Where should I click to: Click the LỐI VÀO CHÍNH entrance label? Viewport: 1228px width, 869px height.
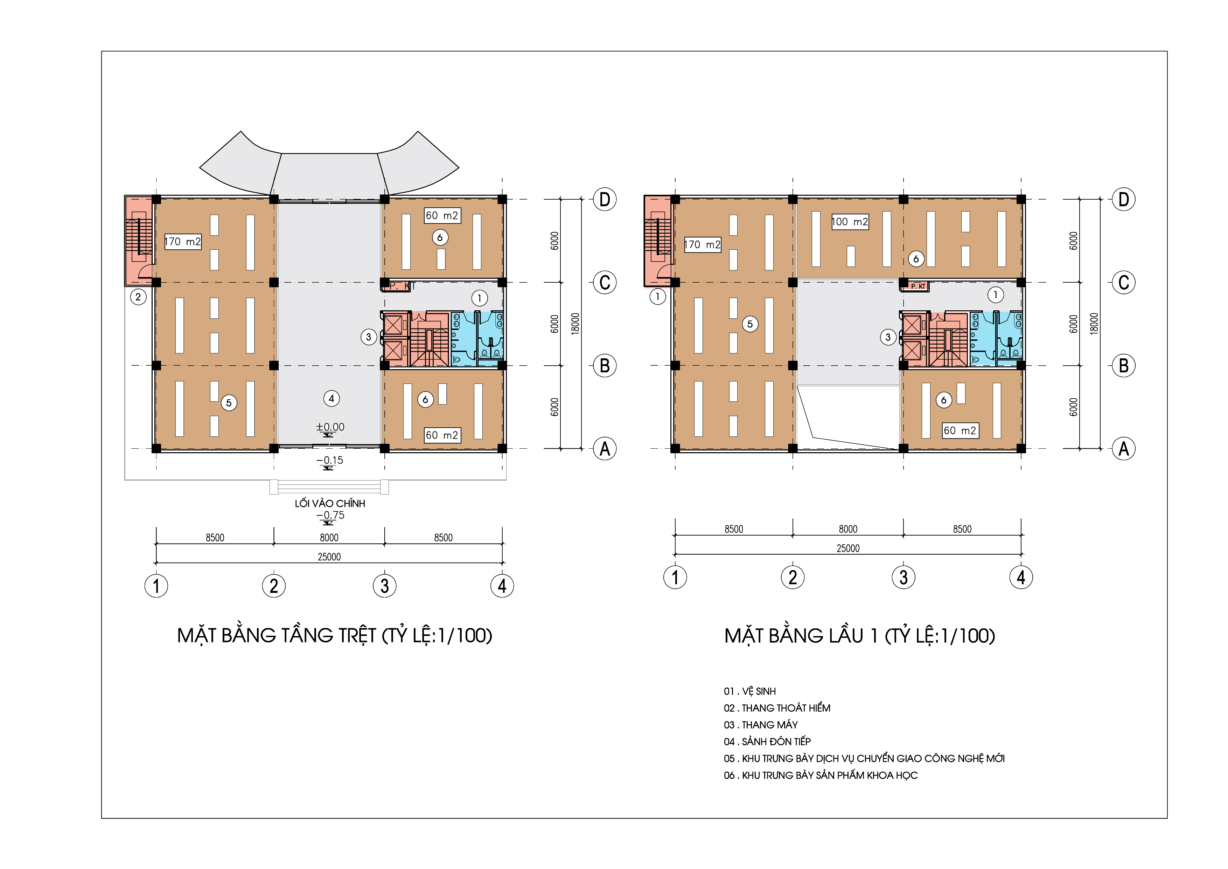330,504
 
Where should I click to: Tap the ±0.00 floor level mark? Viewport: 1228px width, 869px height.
330,427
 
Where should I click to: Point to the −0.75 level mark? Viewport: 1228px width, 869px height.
330,515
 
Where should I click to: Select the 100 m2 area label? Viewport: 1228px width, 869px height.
850,221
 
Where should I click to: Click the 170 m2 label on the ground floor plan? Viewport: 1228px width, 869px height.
183,241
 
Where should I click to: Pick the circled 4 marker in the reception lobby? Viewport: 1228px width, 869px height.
332,399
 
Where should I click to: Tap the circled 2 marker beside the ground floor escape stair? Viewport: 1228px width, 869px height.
138,297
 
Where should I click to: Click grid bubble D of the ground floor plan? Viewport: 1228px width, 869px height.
605,200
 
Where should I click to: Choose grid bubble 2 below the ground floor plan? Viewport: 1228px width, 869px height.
274,586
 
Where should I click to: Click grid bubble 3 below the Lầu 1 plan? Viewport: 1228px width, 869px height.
903,577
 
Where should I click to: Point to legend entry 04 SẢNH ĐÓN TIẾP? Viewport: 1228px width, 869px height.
767,742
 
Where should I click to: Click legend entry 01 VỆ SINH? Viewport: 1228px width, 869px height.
750,691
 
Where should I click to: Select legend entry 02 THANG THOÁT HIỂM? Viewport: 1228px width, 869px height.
777,708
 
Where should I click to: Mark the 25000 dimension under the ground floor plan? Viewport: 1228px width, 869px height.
329,557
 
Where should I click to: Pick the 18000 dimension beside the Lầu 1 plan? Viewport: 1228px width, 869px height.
1094,324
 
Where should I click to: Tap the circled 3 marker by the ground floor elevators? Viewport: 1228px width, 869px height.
369,337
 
